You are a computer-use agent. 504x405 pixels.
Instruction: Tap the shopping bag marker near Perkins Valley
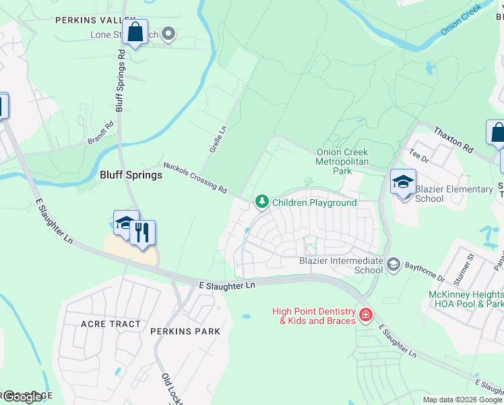pos(135,32)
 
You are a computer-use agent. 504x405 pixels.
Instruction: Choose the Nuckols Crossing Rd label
pos(195,178)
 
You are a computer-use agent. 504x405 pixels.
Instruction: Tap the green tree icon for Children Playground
pos(261,202)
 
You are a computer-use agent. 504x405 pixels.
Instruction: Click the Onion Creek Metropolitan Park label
pos(344,161)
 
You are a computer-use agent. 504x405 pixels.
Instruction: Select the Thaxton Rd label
pos(453,138)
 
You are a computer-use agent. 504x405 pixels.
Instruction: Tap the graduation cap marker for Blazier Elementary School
pos(403,182)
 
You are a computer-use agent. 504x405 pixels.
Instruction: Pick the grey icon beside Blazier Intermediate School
pos(393,265)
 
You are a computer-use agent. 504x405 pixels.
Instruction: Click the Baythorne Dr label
pos(424,272)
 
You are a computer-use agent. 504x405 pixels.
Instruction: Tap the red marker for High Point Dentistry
pos(366,315)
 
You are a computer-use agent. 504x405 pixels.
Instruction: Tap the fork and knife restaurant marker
pos(142,233)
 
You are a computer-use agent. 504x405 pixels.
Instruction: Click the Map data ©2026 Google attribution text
pos(462,400)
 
